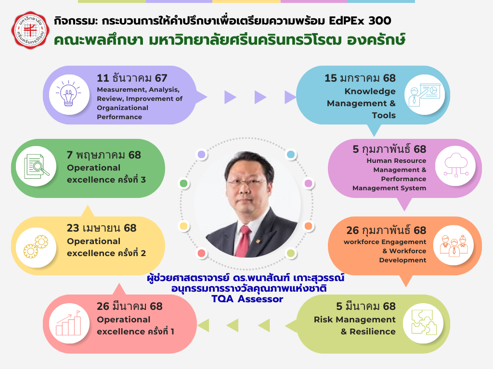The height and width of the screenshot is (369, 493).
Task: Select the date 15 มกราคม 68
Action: point(360,78)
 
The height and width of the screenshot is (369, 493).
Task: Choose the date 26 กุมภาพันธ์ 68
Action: point(387,230)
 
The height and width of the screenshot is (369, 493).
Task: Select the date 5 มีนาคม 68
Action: point(365,306)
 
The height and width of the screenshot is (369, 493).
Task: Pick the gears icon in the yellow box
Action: point(36,246)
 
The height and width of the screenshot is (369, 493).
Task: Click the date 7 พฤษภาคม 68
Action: point(104,155)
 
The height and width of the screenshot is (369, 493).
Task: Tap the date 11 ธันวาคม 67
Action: point(132,78)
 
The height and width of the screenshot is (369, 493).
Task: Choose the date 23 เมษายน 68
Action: point(102,228)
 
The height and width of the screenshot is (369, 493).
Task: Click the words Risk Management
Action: point(354,320)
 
